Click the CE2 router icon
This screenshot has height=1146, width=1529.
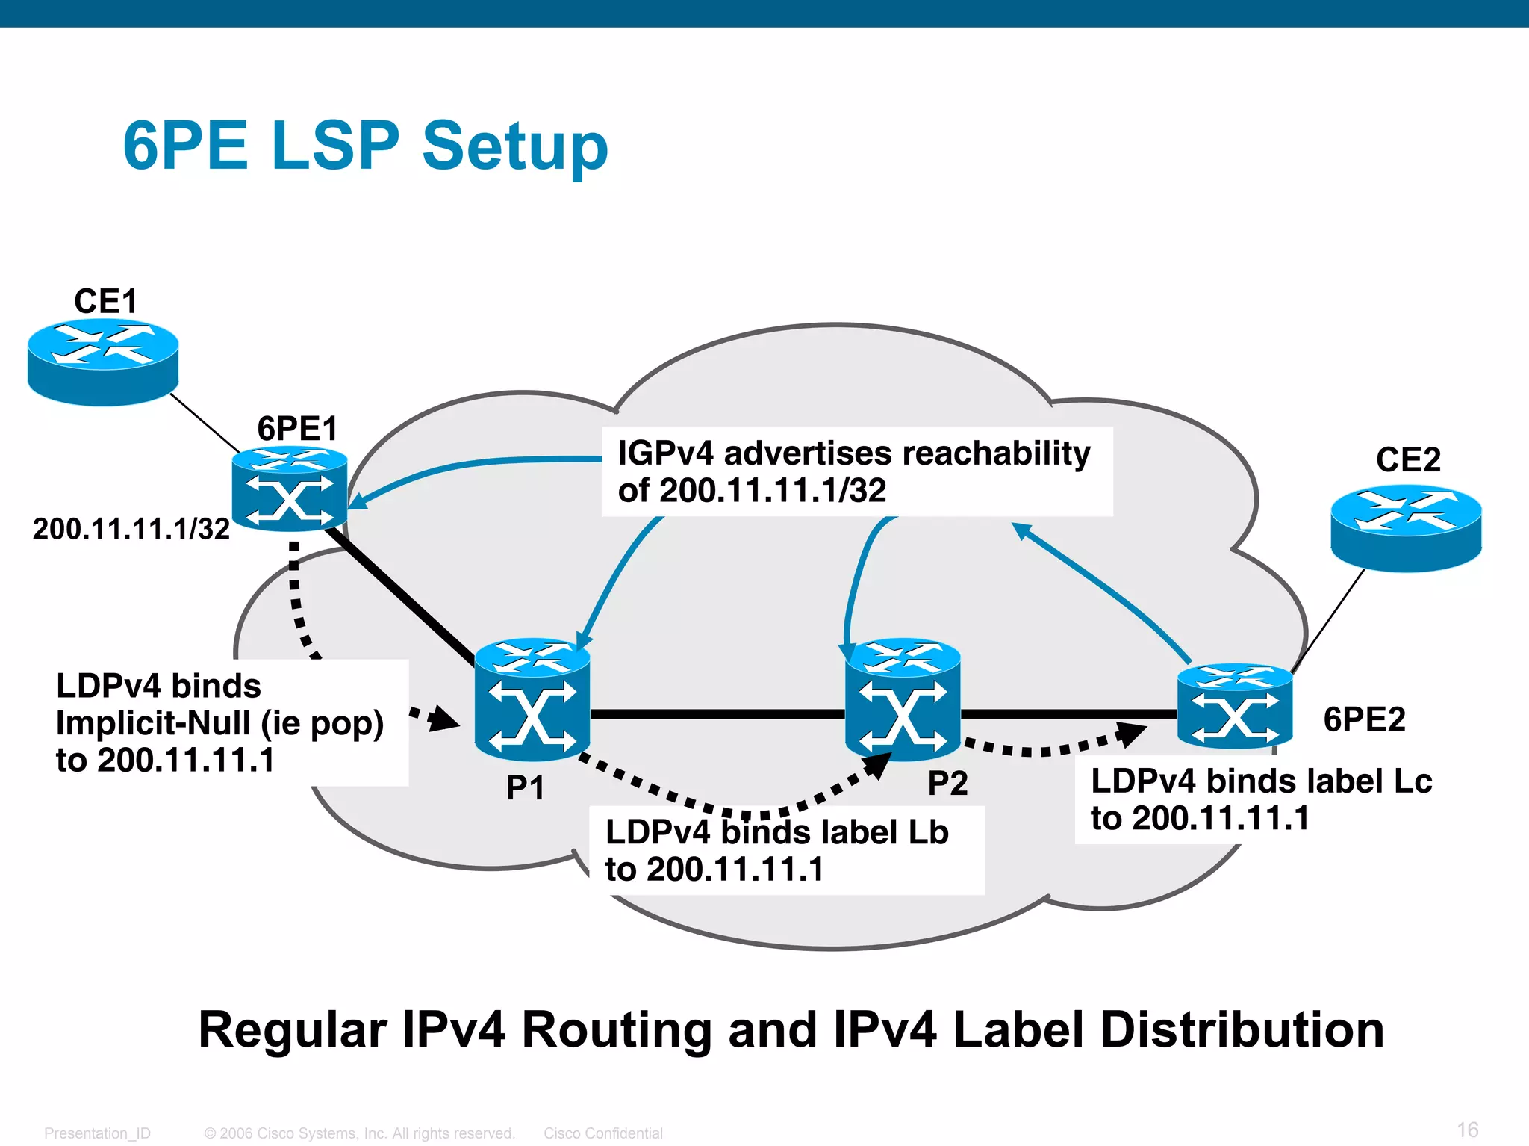pos(1406,527)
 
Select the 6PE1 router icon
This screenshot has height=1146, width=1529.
pos(290,489)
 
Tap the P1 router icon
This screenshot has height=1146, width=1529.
pos(532,699)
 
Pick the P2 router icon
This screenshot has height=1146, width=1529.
pos(903,699)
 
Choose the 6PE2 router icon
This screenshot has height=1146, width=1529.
pos(1235,706)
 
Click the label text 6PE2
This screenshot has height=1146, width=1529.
pos(1364,719)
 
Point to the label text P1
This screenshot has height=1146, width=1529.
pos(525,788)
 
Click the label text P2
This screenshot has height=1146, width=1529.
pos(947,784)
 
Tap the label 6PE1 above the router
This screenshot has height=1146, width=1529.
pos(297,429)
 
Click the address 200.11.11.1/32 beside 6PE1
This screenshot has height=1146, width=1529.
pos(131,529)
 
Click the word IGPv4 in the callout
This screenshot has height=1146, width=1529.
pos(665,453)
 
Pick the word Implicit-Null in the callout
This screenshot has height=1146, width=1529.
pos(153,723)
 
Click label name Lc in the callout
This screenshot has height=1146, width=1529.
pos(1413,781)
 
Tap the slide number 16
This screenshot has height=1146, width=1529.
pos(1467,1130)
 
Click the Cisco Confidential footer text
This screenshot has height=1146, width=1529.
pos(602,1133)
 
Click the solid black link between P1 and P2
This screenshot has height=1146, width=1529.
pos(717,714)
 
